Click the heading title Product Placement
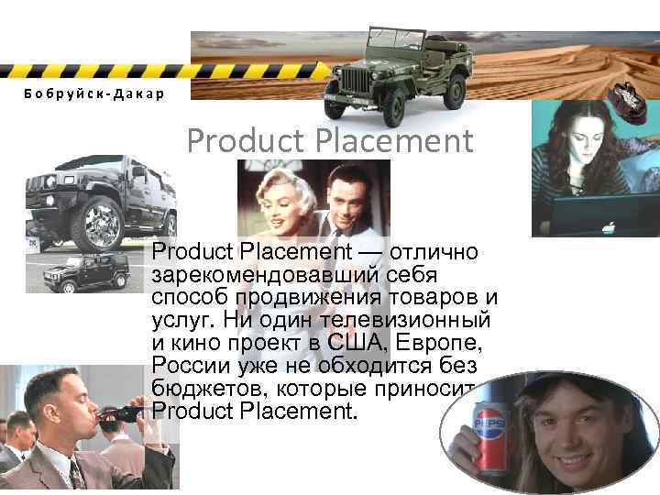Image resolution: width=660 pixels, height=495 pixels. click(330, 142)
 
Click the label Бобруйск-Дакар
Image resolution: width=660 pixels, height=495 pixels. click(82, 94)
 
